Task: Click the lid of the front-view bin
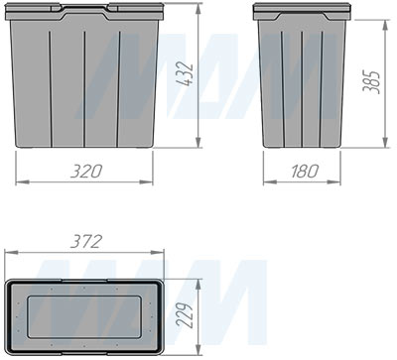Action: click(x=86, y=13)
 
